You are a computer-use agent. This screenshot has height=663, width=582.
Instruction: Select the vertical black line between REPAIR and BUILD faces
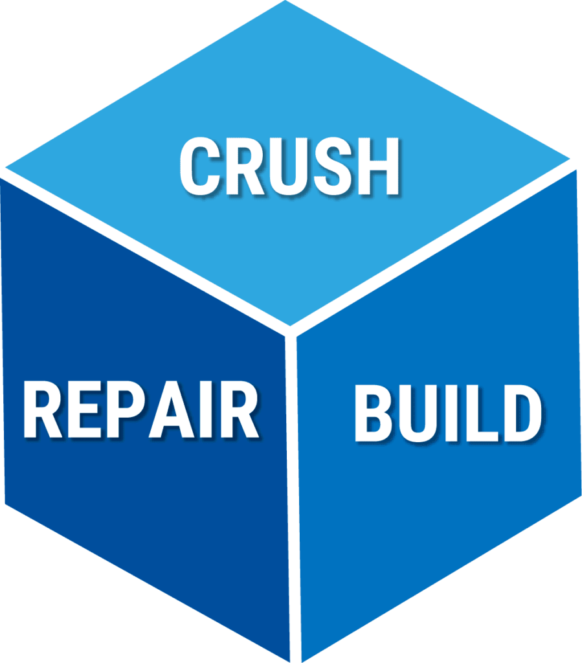295,492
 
